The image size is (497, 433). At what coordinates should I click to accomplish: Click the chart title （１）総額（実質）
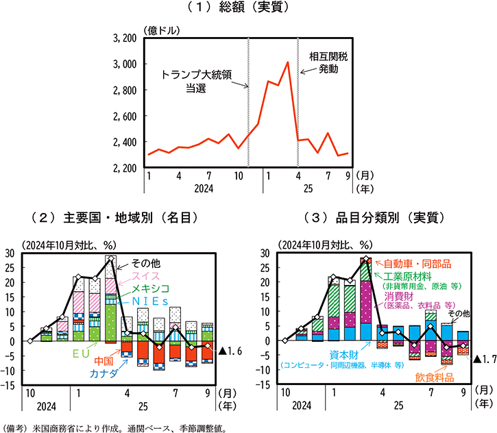(x=249, y=8)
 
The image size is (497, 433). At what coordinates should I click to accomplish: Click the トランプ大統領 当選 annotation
(x=196, y=81)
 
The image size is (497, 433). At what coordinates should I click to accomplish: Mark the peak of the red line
(x=287, y=62)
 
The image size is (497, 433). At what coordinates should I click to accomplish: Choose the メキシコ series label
(x=151, y=288)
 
